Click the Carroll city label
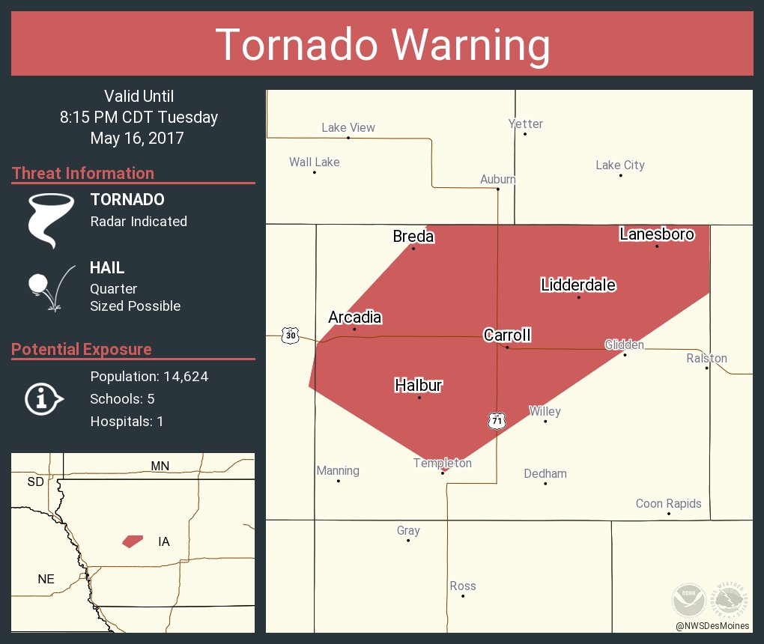[x=507, y=335]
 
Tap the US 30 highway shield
[x=291, y=336]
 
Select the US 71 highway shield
[x=497, y=421]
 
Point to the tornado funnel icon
[x=50, y=219]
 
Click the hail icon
[x=49, y=288]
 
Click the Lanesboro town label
[x=657, y=234]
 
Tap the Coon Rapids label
[x=668, y=503]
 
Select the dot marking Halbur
[x=419, y=398]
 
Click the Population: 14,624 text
[x=149, y=377]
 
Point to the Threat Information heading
[x=83, y=174]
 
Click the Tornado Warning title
[x=382, y=44]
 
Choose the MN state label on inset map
[x=160, y=466]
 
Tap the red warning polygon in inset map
[x=133, y=541]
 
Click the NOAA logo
[x=688, y=599]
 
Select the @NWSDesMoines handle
[x=712, y=626]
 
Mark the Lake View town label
[x=348, y=128]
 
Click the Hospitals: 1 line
[x=127, y=422]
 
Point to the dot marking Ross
[x=463, y=596]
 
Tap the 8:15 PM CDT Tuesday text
[x=139, y=118]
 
